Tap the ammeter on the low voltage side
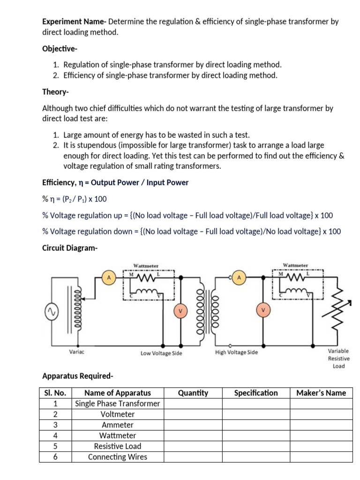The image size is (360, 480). click(109, 278)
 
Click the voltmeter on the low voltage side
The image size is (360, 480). click(180, 310)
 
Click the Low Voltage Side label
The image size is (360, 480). click(161, 353)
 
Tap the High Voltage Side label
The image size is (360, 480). click(236, 352)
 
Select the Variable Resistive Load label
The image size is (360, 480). click(338, 358)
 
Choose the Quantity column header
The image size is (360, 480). click(193, 393)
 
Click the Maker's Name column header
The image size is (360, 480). click(321, 393)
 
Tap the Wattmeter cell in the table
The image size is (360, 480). click(118, 435)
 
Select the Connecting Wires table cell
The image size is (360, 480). click(118, 457)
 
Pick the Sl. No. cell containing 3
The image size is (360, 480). click(55, 425)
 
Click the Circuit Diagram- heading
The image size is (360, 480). click(70, 247)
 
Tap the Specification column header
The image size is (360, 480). click(256, 393)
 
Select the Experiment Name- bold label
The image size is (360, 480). click(75, 22)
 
